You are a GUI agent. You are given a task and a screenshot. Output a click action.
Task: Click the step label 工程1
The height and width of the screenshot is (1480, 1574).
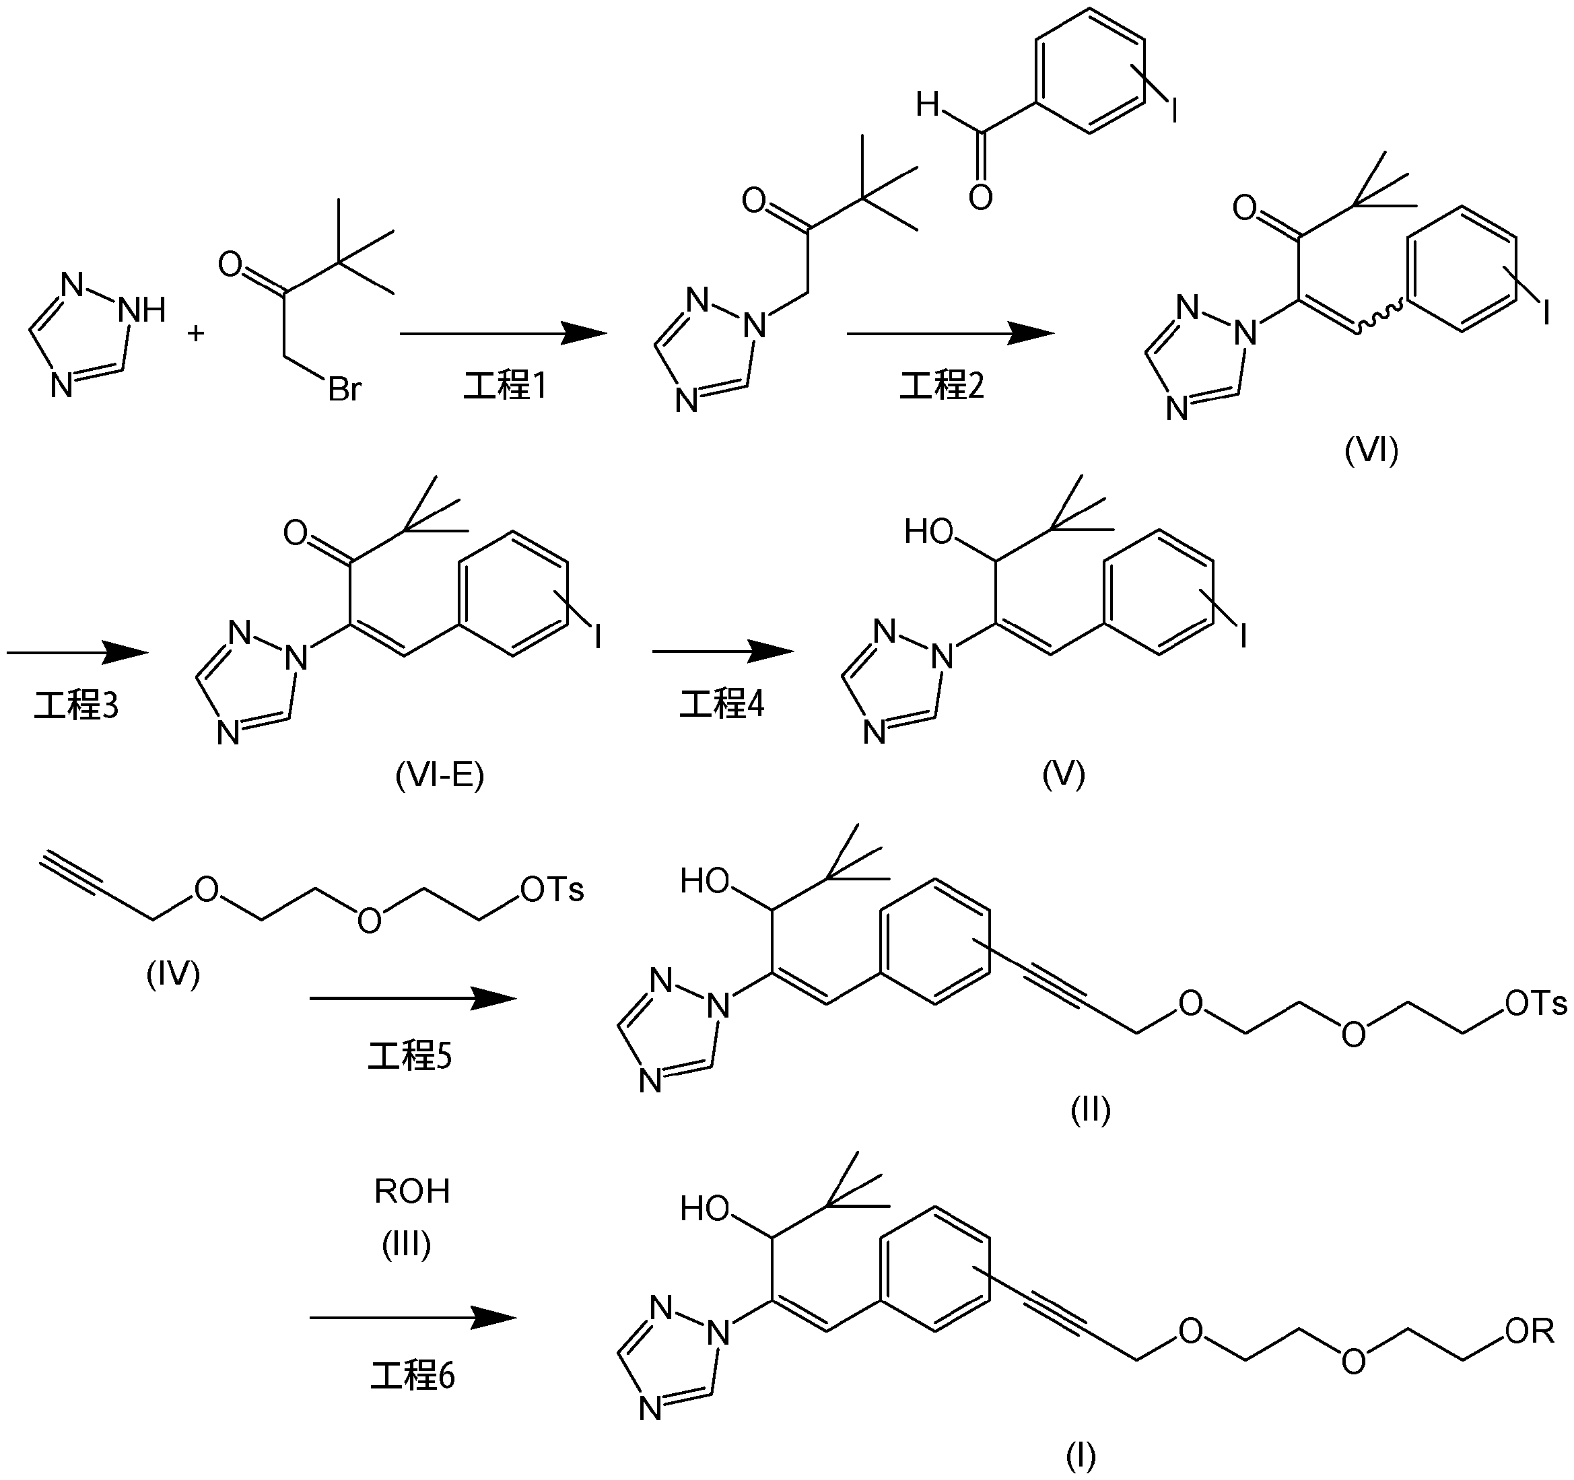coord(504,386)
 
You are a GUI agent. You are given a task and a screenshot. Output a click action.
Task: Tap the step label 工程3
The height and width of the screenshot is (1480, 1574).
coord(75,705)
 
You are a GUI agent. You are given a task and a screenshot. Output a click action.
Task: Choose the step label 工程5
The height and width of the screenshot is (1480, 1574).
coord(409,1056)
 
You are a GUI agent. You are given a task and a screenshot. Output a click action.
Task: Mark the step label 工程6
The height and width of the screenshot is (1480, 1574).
coord(413,1376)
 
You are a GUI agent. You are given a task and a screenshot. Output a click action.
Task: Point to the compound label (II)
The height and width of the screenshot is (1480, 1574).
coord(1090,1111)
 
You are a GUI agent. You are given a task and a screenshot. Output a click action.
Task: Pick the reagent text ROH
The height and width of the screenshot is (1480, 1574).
coord(412,1191)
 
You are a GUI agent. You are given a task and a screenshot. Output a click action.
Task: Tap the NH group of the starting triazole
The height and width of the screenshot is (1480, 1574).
coord(143,311)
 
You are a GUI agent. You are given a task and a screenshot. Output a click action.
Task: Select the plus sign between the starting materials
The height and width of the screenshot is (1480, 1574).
coord(195,332)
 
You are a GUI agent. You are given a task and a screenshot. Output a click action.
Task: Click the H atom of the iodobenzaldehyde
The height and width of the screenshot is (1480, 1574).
coord(927,104)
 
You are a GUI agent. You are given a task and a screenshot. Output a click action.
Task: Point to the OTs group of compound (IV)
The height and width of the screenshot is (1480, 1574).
coord(552,890)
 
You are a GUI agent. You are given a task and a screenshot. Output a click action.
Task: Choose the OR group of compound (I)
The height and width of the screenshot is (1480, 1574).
coord(1530,1331)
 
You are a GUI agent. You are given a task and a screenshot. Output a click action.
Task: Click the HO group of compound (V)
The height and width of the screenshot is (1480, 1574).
coord(929,532)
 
